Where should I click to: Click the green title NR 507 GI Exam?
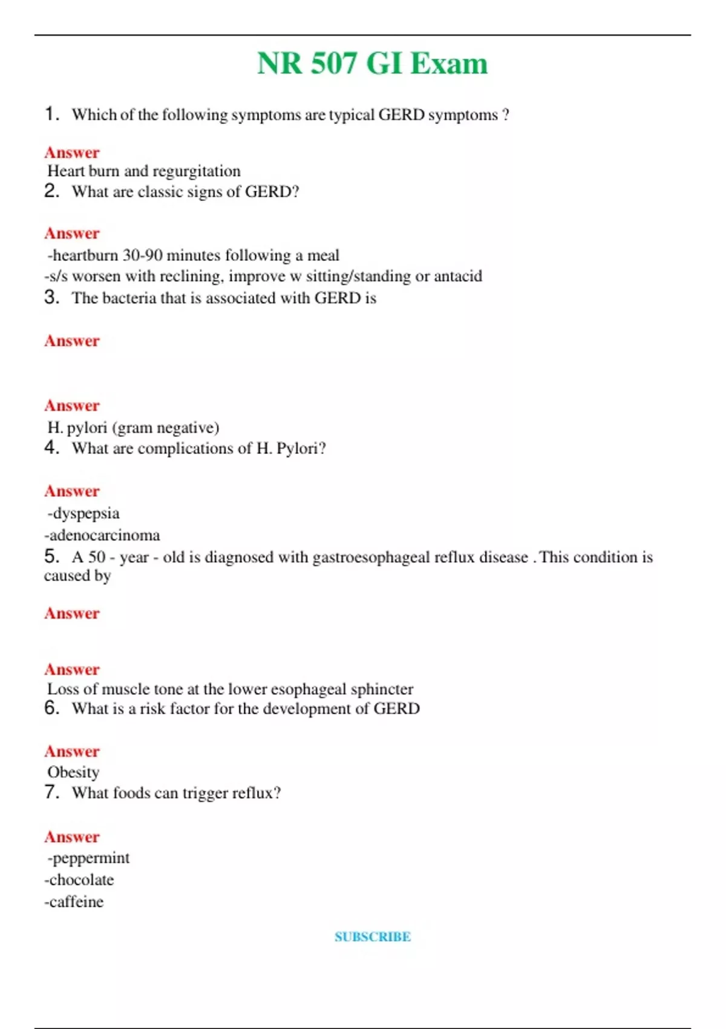tap(372, 64)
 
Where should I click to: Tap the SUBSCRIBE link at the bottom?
tap(373, 937)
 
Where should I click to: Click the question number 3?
tap(51, 297)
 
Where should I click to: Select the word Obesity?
tap(73, 772)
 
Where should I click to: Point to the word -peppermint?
tap(89, 858)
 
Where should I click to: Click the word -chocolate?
tap(79, 880)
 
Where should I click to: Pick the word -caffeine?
tap(74, 902)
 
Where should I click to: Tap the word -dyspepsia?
tap(83, 513)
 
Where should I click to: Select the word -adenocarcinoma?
tap(102, 535)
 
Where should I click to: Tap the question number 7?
tap(51, 792)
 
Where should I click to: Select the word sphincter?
tap(382, 689)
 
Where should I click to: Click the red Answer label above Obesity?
tap(71, 752)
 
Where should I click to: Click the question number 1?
tap(51, 114)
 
